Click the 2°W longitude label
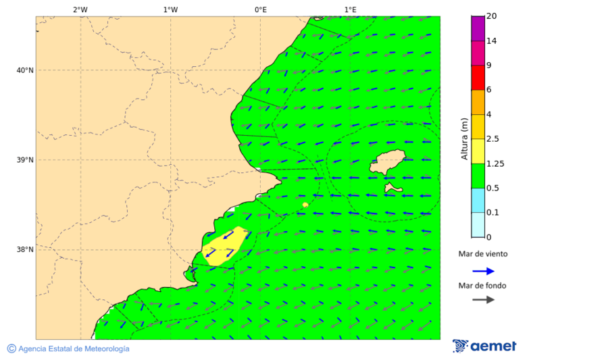(80, 9)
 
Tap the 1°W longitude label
(170, 9)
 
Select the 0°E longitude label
(260, 9)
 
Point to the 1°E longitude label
(350, 9)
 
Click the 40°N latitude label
(25, 70)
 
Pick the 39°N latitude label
(25, 160)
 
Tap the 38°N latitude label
(25, 250)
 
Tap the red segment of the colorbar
(478, 78)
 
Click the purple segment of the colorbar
(478, 28)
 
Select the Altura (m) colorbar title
(464, 138)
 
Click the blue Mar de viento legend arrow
(483, 271)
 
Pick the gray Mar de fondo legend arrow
(483, 300)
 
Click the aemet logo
(484, 346)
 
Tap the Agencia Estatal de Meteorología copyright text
(68, 349)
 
